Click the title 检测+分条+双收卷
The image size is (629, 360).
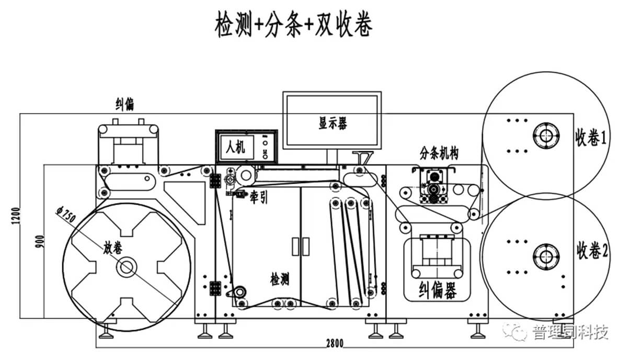tap(293, 25)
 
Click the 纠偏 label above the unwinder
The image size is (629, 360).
tap(124, 104)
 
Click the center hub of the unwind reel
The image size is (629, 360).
tap(126, 267)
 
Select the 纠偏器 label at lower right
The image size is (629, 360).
tap(438, 289)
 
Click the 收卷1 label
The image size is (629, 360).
tap(591, 138)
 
